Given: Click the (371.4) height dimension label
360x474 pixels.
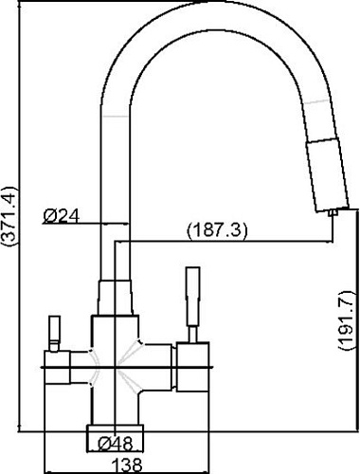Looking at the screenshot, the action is tap(9, 216).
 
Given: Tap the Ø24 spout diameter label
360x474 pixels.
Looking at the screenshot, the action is tap(61, 216).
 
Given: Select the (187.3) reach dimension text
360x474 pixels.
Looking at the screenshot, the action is tap(217, 231).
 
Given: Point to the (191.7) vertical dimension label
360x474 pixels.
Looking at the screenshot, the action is tap(347, 319).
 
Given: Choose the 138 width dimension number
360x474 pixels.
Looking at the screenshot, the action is tap(127, 465).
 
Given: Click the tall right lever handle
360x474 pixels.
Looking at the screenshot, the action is tap(193, 297).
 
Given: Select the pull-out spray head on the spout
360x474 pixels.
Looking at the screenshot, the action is tap(328, 174).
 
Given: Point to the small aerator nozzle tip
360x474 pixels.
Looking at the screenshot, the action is tap(333, 213).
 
